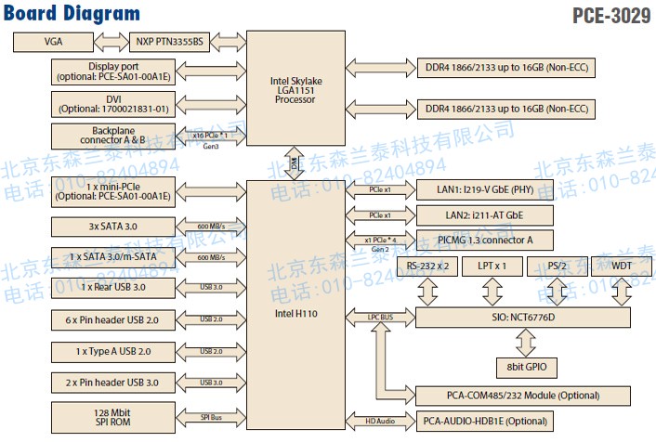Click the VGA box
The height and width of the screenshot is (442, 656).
[53, 43]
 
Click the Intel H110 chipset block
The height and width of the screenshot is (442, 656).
[295, 314]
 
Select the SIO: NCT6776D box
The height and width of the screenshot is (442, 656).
[525, 318]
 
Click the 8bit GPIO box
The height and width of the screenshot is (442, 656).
[525, 367]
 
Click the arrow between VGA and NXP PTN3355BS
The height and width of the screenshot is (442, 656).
[111, 43]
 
